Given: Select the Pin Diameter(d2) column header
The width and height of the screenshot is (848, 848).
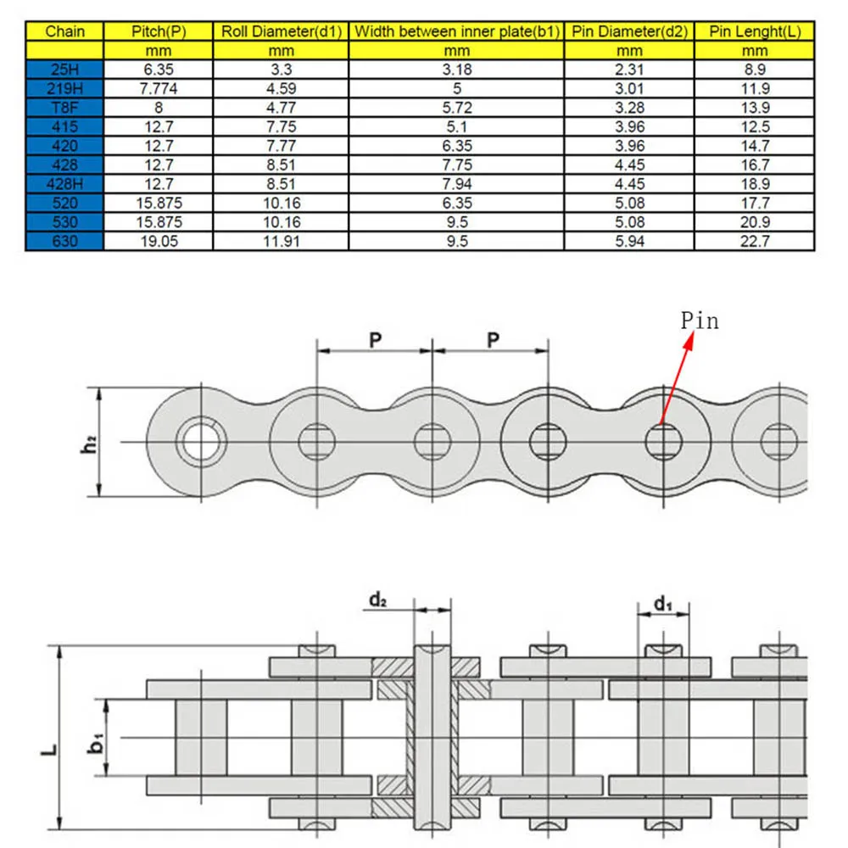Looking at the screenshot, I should pos(629,32).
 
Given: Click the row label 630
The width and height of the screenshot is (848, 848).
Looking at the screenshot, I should pos(65,241).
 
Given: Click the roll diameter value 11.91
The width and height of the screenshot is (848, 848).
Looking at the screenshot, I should pos(281,241).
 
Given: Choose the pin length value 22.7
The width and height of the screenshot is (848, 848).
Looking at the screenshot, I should pos(755,241).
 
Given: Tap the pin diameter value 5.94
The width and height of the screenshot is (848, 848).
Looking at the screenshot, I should pos(629,241).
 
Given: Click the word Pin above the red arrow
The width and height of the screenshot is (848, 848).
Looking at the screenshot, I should pos(700,321).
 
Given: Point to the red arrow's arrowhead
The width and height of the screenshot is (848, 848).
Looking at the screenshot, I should pos(693,338).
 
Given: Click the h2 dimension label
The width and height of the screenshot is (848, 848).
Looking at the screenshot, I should pos(88,443).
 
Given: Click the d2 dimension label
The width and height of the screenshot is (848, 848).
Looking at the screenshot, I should pos(378,600).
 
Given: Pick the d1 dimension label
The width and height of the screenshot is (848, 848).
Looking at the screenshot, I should pos(662,604).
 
